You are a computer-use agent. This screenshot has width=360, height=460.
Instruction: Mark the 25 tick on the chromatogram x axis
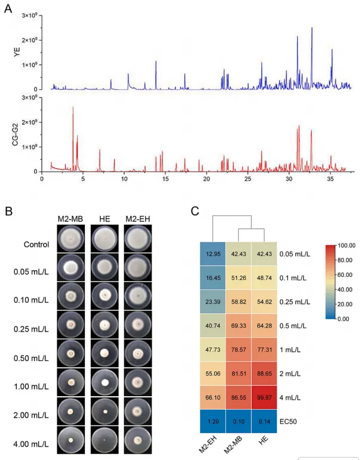pos(247,178)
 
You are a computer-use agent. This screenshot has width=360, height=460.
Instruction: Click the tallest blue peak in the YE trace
pos(312,28)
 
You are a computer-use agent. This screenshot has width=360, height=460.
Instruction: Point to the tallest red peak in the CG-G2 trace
pos(73,108)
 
